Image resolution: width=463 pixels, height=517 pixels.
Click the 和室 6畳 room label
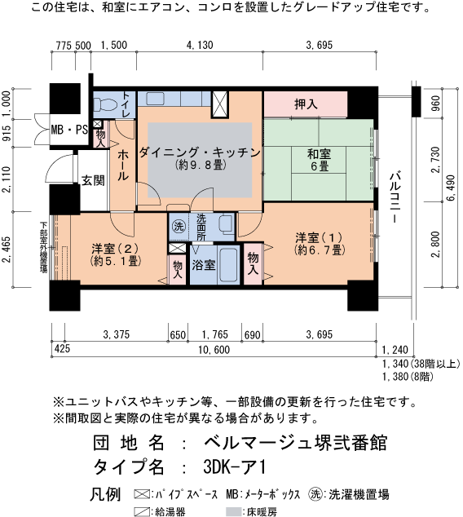pos(318,160)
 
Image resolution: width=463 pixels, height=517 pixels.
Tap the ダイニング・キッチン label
pos(199,157)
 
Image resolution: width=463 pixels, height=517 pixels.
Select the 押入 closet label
pos(306,104)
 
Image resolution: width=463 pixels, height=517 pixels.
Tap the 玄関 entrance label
pos(92,180)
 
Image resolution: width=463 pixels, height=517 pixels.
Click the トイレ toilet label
pos(127,105)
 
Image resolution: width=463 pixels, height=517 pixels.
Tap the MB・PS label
pos(69,130)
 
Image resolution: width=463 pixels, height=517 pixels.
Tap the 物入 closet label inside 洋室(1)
pos(254,262)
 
